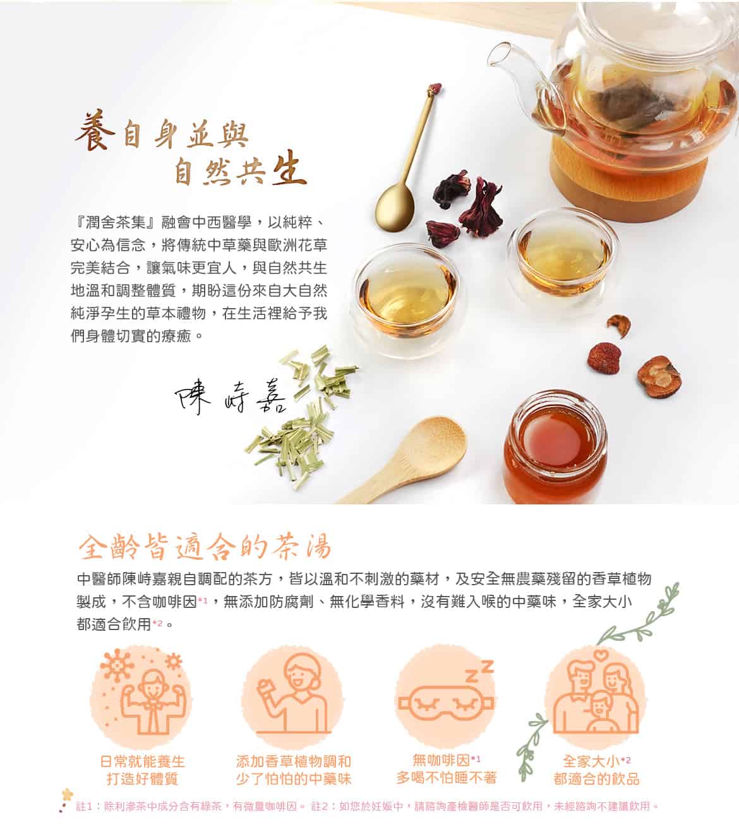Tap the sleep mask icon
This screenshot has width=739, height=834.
(445, 701)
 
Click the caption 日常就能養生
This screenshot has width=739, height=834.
(143, 761)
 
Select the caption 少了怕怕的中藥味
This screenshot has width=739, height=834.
(293, 778)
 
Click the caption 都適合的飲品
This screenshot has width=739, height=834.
(596, 778)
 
